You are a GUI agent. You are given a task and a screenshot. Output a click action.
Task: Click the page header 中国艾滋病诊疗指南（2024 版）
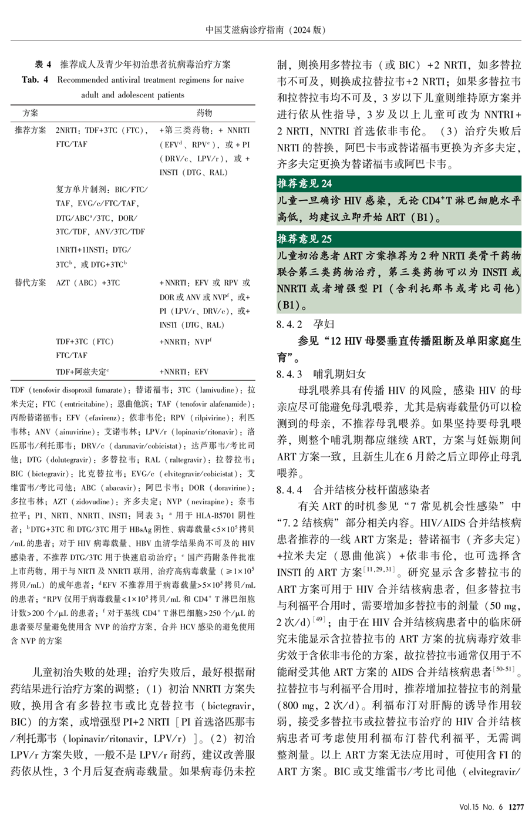(x=266, y=29)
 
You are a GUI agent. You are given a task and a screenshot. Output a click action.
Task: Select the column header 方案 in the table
(x=31, y=113)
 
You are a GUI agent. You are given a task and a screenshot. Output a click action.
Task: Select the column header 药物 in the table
(x=204, y=113)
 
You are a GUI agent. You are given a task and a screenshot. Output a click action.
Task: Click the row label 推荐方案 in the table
(x=31, y=130)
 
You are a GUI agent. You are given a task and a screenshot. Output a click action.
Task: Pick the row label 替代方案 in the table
(x=31, y=283)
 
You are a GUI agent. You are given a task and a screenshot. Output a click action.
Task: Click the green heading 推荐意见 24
(x=305, y=184)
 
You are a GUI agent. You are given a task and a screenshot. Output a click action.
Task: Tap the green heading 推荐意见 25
(x=305, y=239)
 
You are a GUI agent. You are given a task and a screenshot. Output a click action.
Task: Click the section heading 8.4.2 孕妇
(x=305, y=324)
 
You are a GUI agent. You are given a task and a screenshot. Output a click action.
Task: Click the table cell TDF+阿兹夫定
(x=83, y=372)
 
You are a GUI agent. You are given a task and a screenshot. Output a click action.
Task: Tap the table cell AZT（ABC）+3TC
(x=87, y=283)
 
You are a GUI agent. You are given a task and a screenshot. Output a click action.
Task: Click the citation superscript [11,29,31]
(x=382, y=568)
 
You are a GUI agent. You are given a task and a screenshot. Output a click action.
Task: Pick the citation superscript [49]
(x=319, y=618)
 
